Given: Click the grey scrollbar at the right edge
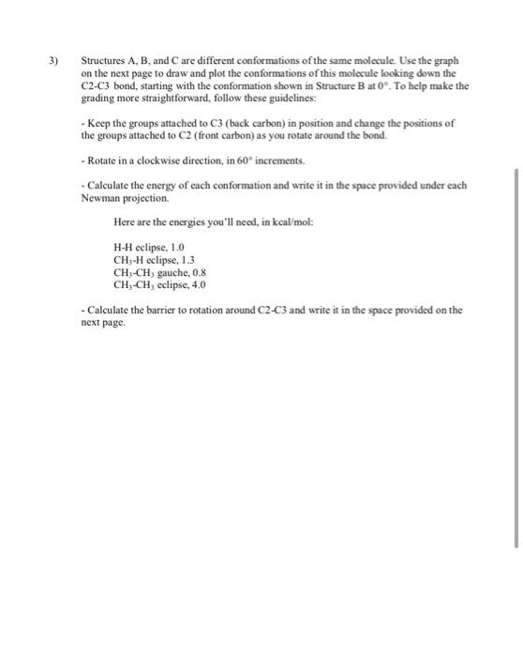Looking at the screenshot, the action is (x=516, y=357).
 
